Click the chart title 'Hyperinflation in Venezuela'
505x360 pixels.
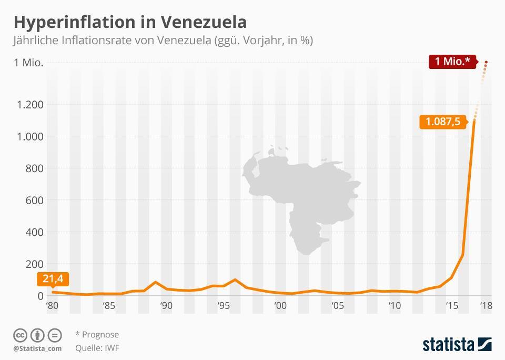129,22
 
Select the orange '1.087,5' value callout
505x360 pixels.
442,122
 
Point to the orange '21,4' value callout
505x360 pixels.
53,279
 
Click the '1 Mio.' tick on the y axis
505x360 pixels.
28,63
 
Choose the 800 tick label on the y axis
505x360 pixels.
34,168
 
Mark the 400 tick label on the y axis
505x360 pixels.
34,232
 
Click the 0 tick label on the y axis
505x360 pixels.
40,296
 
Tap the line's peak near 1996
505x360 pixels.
235,279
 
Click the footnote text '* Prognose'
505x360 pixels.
97,335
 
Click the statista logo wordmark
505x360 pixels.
449,345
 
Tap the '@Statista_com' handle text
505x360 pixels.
37,348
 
